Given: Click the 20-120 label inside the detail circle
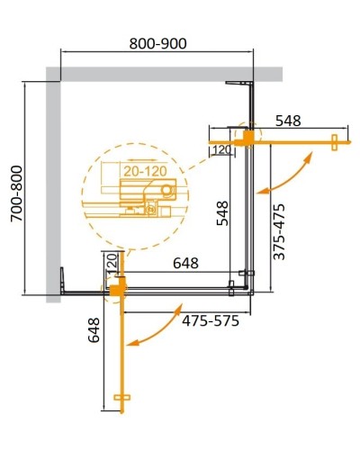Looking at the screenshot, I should (133, 167).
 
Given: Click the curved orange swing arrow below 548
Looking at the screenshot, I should (286, 175).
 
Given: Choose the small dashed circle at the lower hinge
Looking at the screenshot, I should (115, 288).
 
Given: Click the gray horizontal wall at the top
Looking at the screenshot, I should (162, 73).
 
